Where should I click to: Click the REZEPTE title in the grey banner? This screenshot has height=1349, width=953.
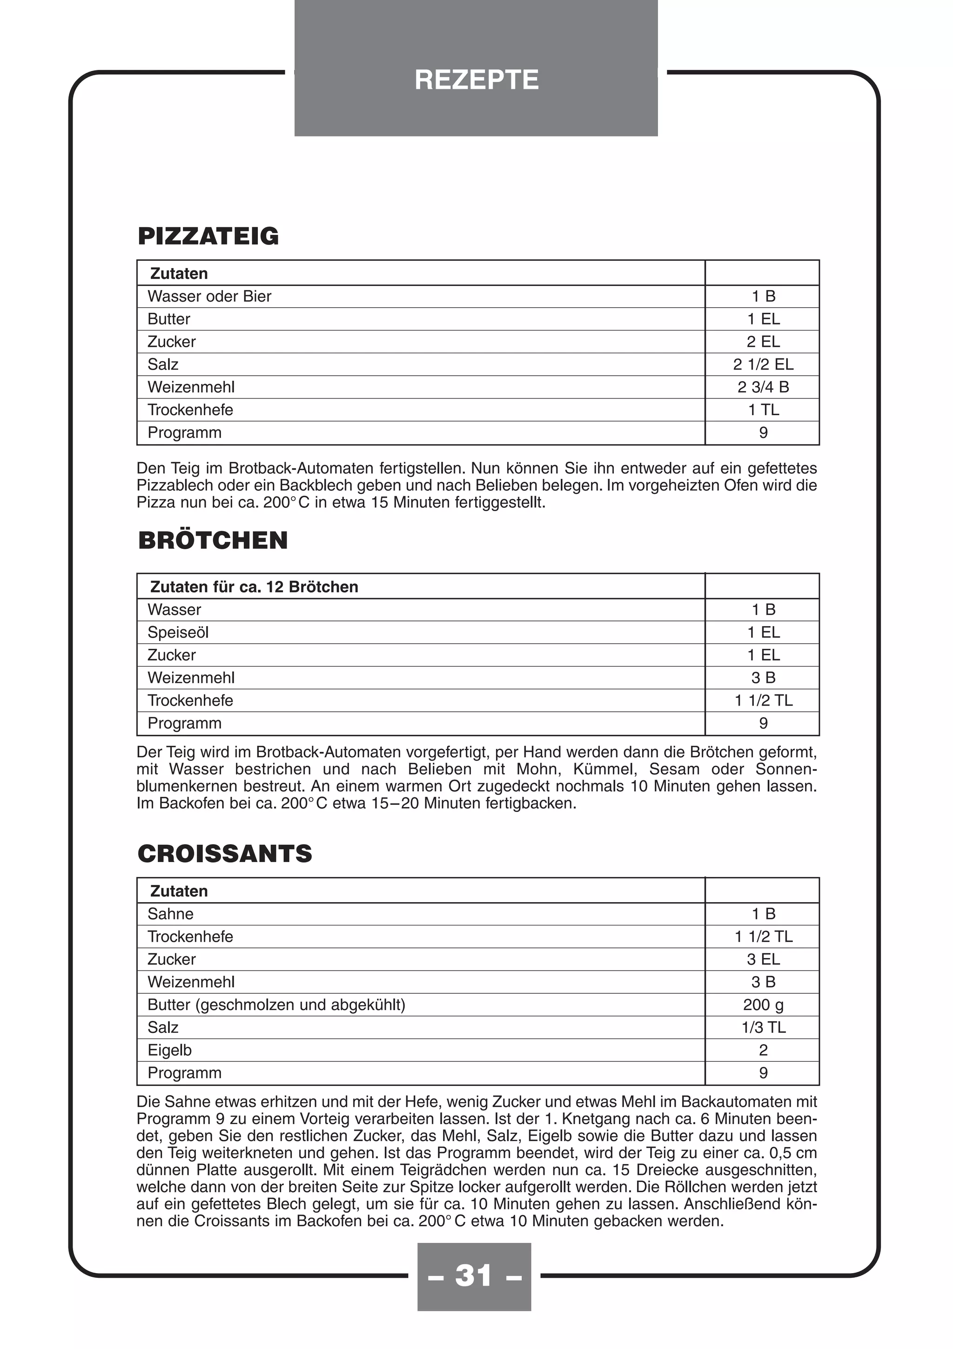tap(476, 80)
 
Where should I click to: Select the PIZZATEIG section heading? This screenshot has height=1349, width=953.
tap(208, 236)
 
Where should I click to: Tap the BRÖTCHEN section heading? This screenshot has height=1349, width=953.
tap(213, 540)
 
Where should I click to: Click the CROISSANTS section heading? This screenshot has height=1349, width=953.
tap(224, 854)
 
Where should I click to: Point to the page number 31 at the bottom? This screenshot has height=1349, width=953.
tap(474, 1275)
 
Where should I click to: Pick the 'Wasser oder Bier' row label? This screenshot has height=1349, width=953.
tap(209, 296)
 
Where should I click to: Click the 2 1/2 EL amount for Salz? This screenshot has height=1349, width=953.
tap(763, 364)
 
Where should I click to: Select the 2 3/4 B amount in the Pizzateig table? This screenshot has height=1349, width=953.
tap(763, 387)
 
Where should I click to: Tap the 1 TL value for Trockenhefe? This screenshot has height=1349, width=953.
tap(763, 410)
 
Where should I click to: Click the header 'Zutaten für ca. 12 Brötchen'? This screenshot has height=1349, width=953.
tap(254, 587)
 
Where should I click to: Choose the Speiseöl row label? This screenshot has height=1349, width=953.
tap(178, 632)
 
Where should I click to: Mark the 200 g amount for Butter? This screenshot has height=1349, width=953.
tap(763, 1005)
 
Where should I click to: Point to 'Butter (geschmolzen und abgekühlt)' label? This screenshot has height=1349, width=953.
tap(276, 1005)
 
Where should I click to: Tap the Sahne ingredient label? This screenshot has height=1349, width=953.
tap(170, 914)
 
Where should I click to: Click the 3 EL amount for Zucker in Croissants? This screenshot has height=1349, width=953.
tap(763, 959)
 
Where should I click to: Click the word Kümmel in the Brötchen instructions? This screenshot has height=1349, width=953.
tap(598, 769)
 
